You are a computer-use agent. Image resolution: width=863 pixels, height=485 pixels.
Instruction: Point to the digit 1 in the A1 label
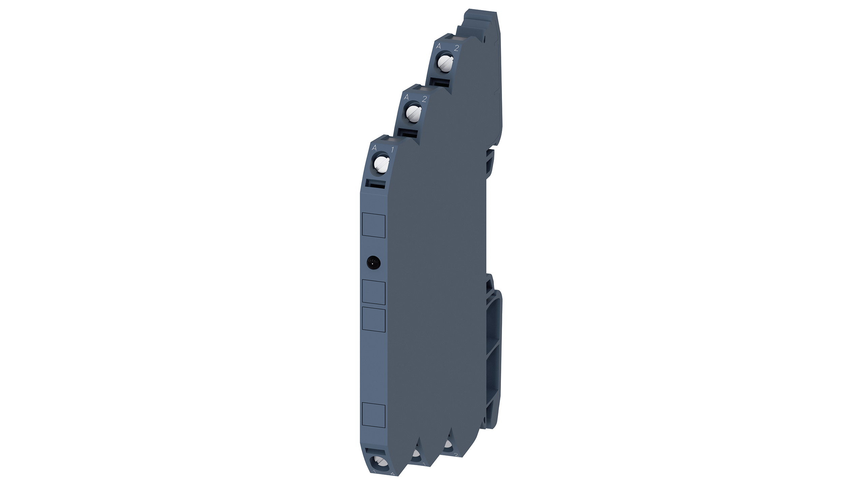tap(392, 149)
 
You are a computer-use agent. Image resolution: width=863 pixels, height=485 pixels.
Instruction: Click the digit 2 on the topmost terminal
tap(456, 48)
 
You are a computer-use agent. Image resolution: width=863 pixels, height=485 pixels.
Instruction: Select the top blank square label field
tap(374, 224)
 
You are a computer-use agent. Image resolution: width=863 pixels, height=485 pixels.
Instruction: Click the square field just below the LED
tap(374, 292)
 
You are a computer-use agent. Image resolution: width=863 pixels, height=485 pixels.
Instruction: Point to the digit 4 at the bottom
tap(392, 474)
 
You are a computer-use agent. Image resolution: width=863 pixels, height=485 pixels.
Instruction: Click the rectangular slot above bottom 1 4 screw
tap(375, 452)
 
